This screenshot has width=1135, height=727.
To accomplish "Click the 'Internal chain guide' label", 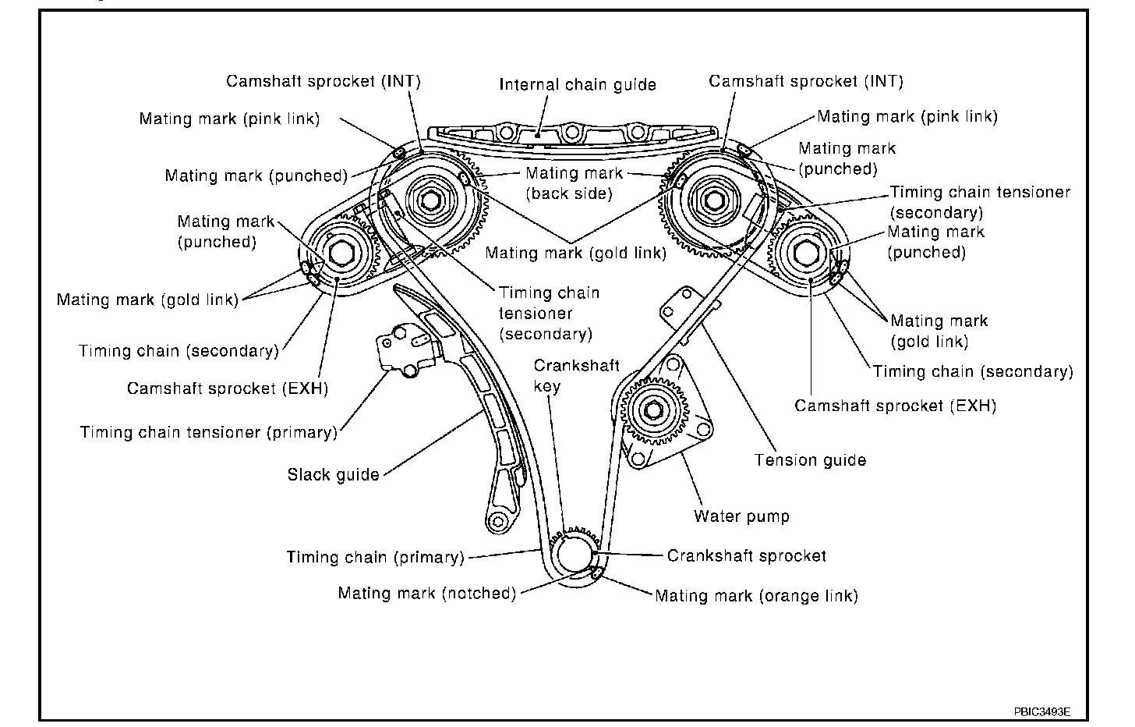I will click(578, 84).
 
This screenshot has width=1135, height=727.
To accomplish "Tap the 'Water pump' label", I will click(741, 516).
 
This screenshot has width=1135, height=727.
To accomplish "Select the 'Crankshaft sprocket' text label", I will click(746, 555).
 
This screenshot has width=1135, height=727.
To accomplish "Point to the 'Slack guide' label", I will click(333, 474).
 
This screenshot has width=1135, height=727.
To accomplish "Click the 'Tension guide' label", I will click(810, 460).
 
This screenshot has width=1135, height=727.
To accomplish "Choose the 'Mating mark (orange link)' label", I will click(756, 596).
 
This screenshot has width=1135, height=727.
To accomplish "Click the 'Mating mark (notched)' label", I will click(426, 593).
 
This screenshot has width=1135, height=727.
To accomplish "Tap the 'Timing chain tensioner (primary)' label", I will click(208, 432).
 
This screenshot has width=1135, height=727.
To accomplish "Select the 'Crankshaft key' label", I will click(576, 375).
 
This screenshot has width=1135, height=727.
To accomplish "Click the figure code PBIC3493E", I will click(1041, 711).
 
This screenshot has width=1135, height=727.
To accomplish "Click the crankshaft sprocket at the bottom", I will click(575, 554).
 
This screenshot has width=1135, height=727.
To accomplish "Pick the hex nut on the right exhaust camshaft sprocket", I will click(805, 254).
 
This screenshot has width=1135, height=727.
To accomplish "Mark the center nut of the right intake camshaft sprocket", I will click(710, 200).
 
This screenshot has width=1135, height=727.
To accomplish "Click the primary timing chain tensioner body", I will click(405, 347).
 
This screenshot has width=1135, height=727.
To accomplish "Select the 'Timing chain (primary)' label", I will click(375, 557).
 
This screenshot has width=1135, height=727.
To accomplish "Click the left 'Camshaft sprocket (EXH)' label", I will click(227, 388).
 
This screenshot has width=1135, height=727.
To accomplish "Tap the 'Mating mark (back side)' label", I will click(574, 183).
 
